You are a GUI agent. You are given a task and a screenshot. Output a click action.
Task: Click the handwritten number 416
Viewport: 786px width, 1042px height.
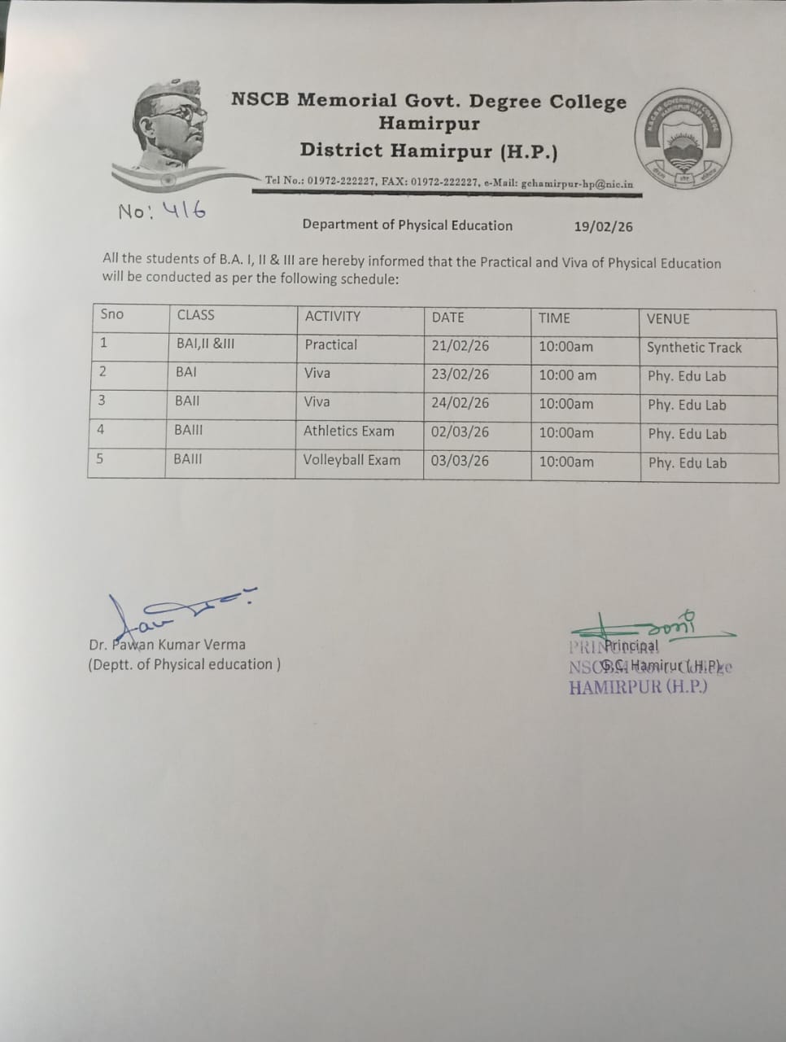tap(185, 211)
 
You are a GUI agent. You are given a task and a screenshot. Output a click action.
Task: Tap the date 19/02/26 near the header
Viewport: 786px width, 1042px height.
tap(602, 226)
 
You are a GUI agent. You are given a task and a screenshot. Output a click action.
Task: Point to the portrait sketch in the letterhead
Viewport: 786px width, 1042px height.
tap(173, 130)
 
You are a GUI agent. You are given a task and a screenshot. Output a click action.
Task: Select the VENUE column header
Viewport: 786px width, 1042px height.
tap(667, 319)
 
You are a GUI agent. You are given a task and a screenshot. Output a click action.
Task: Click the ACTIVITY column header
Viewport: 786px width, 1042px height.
tap(332, 317)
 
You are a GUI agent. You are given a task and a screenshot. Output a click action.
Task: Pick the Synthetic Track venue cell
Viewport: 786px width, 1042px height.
tap(694, 348)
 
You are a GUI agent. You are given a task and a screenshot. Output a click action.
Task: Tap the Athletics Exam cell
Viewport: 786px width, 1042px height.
tap(348, 431)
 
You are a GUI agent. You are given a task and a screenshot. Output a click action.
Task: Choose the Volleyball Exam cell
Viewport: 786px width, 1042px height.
tap(352, 460)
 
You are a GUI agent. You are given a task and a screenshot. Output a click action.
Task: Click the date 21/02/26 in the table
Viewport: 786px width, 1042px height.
tap(461, 346)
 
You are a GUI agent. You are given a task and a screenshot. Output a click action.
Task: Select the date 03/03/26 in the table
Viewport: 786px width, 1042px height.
tap(460, 461)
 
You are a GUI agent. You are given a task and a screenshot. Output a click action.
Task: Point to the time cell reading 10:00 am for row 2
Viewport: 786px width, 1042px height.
tap(567, 375)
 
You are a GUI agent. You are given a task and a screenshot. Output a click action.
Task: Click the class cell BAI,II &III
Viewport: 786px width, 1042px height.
tap(205, 344)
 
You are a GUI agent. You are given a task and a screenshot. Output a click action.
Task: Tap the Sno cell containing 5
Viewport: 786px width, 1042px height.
tap(100, 458)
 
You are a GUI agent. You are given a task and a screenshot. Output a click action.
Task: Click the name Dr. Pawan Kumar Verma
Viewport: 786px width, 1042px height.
tap(167, 645)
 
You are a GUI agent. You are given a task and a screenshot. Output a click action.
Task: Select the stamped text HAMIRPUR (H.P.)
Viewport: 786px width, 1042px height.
tap(638, 687)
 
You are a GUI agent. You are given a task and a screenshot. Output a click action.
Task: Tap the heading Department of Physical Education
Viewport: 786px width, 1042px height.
tap(407, 225)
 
